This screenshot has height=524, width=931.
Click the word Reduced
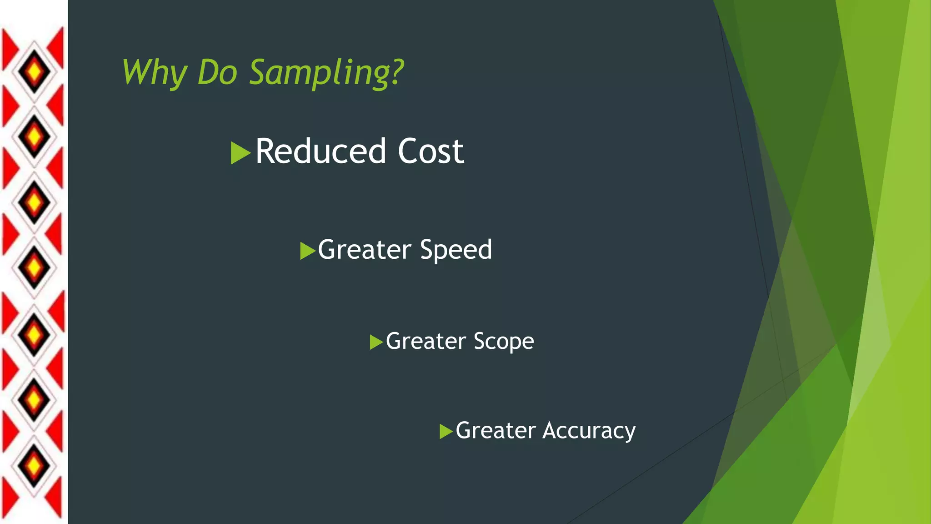[x=320, y=151]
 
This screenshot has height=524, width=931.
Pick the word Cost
[x=430, y=151]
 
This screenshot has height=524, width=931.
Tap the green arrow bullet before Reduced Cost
[x=240, y=153]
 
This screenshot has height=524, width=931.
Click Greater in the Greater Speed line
[x=364, y=250]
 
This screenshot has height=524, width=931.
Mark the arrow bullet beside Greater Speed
[x=308, y=251]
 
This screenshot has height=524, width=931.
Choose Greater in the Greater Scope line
[x=426, y=341]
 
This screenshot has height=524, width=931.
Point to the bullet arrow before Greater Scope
[x=376, y=342]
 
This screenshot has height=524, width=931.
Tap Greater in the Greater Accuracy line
[x=496, y=430]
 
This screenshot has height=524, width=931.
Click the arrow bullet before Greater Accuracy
[x=446, y=431]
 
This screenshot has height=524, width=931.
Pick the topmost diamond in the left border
[x=34, y=72]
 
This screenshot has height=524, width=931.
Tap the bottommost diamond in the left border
[x=34, y=466]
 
